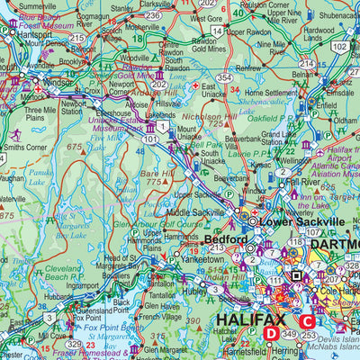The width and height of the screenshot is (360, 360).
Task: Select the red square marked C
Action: coord(308,321)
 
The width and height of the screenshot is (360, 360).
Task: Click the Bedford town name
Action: coord(224,239)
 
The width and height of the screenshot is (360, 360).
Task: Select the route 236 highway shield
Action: coord(154,15)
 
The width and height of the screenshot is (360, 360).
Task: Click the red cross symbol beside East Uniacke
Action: coord(197,85)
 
